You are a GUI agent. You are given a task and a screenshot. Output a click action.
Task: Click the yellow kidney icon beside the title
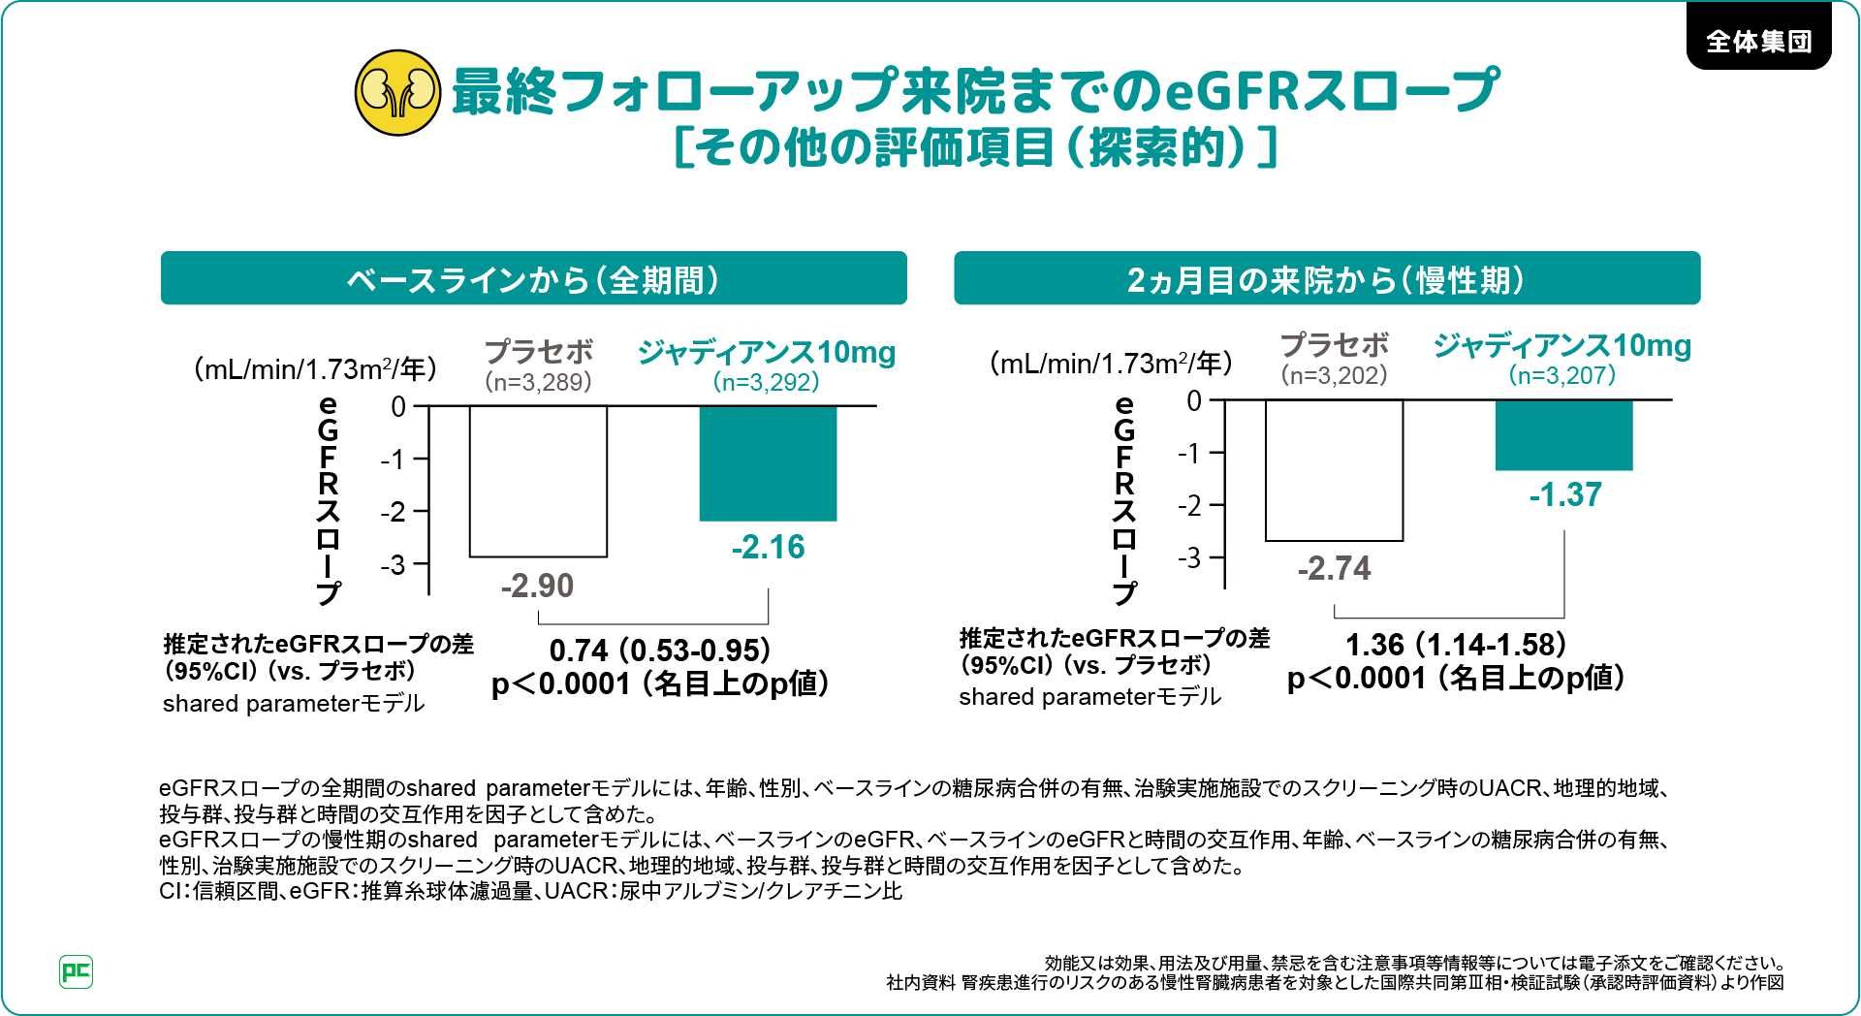pyautogui.click(x=397, y=93)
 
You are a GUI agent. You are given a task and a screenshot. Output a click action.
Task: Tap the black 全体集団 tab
pyautogui.click(x=1758, y=41)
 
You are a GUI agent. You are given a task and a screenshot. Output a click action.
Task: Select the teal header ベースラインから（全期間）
pyautogui.click(x=533, y=279)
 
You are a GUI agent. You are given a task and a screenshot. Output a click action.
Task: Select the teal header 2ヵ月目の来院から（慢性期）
pyautogui.click(x=1326, y=279)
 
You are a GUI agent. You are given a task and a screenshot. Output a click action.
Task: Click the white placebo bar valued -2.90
pyautogui.click(x=538, y=481)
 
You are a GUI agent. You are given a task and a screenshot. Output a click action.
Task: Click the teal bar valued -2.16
pyautogui.click(x=768, y=463)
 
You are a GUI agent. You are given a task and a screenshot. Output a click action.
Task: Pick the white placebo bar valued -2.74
pyautogui.click(x=1334, y=470)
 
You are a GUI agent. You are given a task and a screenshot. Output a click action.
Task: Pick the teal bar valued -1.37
pyautogui.click(x=1563, y=435)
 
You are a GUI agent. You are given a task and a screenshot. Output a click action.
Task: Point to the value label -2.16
pyautogui.click(x=768, y=547)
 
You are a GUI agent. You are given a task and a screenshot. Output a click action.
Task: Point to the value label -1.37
pyautogui.click(x=1565, y=494)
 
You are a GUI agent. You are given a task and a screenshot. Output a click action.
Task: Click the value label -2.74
pyautogui.click(x=1334, y=568)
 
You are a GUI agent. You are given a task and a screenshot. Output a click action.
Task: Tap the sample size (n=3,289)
pyautogui.click(x=538, y=382)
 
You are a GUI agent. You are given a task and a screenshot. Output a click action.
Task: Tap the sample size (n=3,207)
pyautogui.click(x=1562, y=375)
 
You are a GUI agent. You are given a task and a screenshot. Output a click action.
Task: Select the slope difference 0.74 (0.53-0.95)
pyautogui.click(x=659, y=650)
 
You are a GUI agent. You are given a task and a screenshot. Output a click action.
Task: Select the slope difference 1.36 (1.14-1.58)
pyautogui.click(x=1456, y=645)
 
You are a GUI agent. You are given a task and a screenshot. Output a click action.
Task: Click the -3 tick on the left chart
pyautogui.click(x=394, y=564)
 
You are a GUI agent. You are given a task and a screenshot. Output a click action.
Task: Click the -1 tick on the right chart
pyautogui.click(x=1189, y=453)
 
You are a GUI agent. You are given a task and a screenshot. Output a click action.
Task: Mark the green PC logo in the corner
pyautogui.click(x=76, y=971)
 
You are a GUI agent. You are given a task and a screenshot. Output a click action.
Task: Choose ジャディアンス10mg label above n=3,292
pyautogui.click(x=767, y=352)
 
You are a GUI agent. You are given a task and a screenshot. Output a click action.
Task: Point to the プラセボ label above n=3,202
pyautogui.click(x=1334, y=344)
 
